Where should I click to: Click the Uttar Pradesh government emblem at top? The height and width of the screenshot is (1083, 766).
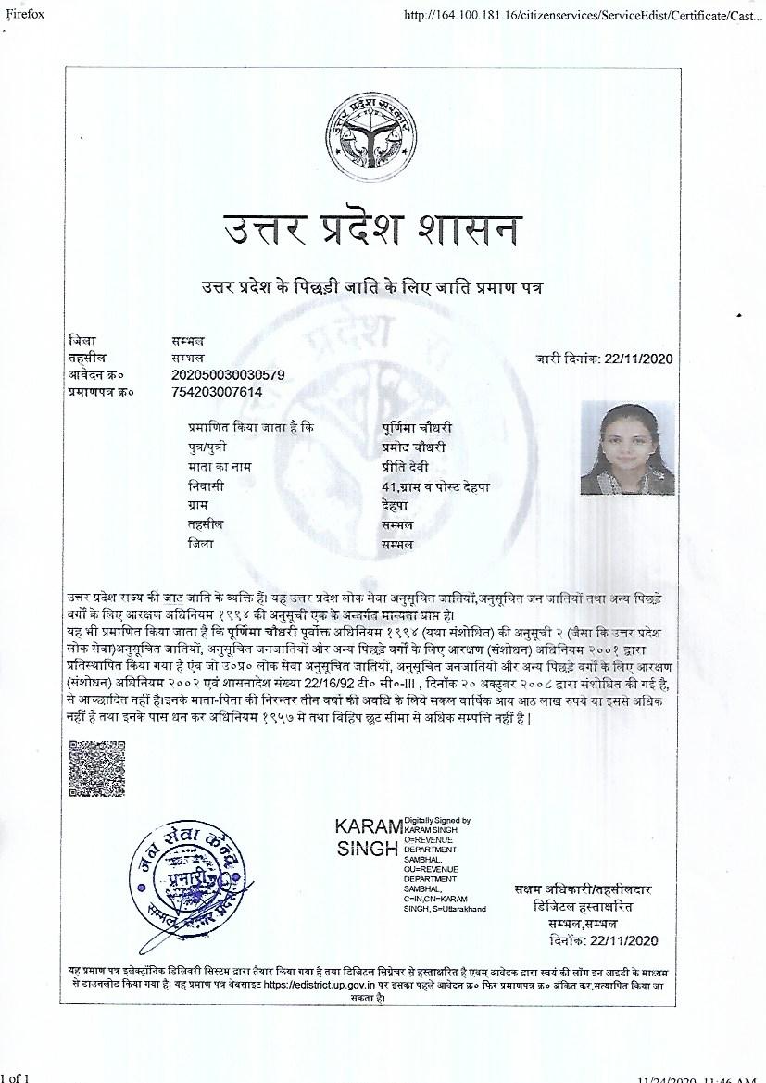(371, 140)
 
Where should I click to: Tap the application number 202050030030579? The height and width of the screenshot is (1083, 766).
(228, 374)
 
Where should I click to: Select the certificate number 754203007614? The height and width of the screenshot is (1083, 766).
(217, 392)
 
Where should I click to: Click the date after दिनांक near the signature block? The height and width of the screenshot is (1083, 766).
(624, 941)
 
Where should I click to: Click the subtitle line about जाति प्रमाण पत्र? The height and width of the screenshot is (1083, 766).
(371, 285)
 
